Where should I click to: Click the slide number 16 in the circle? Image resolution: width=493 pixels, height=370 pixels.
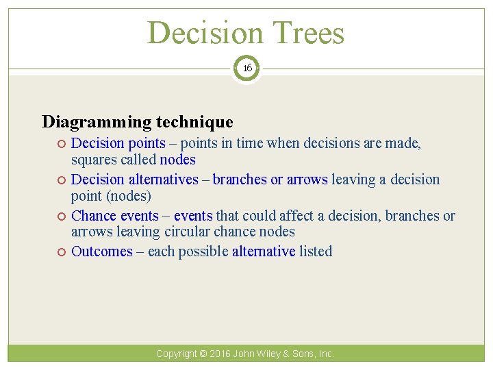point(246,69)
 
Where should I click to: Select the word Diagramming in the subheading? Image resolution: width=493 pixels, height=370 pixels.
point(97,122)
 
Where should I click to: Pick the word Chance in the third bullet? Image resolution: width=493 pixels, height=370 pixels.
point(94,215)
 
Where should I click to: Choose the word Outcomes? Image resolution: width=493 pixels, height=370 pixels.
point(102,251)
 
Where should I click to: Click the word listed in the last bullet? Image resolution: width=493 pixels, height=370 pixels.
point(316,251)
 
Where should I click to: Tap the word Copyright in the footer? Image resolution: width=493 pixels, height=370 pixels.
point(175,354)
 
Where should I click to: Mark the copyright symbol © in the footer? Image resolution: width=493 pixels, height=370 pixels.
point(203,354)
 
